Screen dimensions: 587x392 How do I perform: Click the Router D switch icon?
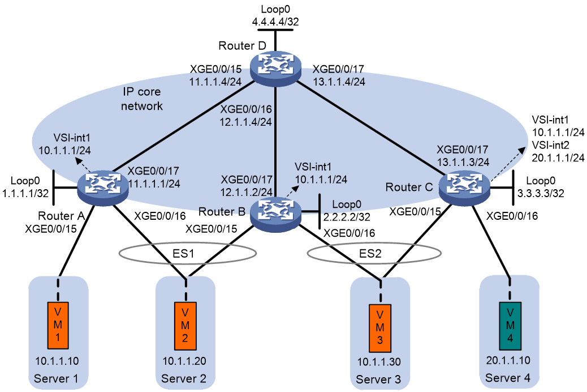tap(275, 69)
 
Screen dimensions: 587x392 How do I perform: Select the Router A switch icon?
tap(102, 186)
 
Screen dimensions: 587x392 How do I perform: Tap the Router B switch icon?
tap(275, 214)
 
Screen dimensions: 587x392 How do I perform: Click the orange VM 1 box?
tap(58, 326)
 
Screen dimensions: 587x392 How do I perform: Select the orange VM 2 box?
tap(185, 326)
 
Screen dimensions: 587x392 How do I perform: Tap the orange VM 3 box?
tap(380, 328)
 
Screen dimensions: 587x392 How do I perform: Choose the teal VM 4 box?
tap(510, 326)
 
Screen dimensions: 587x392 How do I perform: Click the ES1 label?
tap(183, 254)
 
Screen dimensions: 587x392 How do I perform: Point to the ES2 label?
tap(370, 254)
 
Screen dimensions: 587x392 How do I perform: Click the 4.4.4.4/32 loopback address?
tap(275, 22)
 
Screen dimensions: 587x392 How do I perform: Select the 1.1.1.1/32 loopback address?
tap(25, 193)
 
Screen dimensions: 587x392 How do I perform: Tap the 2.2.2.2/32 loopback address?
tap(347, 217)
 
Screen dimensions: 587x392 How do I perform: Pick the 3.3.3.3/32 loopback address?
tap(541, 193)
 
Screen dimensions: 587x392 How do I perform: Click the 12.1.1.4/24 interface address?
tap(245, 122)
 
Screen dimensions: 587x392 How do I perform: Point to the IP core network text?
tap(141, 99)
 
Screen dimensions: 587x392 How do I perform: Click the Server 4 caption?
tap(508, 378)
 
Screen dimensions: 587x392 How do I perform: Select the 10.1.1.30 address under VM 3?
tap(379, 361)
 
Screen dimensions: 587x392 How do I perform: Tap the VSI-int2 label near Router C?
tap(551, 145)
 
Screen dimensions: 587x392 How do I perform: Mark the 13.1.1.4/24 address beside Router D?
tap(339, 82)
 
